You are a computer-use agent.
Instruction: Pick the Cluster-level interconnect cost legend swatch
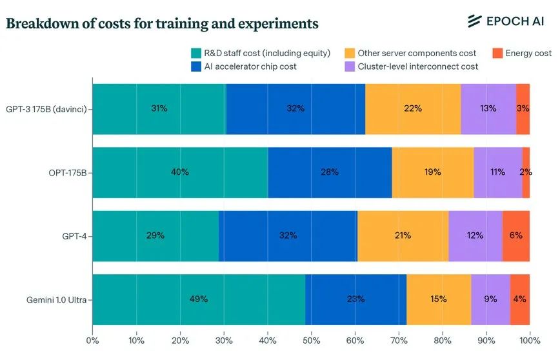[x=350, y=66]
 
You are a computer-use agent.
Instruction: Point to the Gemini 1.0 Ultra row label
[x=57, y=299]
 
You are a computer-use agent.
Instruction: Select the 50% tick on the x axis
[x=311, y=340]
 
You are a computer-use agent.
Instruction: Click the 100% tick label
[x=529, y=340]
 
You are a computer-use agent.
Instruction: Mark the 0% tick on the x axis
[x=92, y=340]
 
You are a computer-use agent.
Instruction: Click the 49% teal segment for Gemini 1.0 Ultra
[x=199, y=299]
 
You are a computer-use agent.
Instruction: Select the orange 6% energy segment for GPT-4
[x=516, y=236]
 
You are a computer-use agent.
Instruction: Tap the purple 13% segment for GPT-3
[x=488, y=109]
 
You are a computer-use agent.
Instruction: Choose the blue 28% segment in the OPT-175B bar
[x=330, y=172]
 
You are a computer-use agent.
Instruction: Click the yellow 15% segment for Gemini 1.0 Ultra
[x=439, y=299]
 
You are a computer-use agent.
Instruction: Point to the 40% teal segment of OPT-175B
[x=180, y=172]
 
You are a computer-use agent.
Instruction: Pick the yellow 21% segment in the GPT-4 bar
[x=403, y=236]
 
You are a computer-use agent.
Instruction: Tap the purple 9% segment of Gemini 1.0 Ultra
[x=490, y=299]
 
